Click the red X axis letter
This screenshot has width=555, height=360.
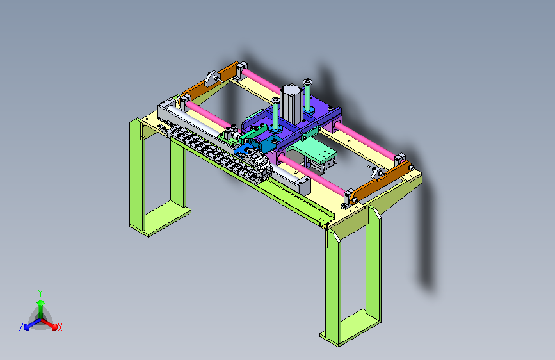[60, 327]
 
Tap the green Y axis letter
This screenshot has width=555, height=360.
[40, 293]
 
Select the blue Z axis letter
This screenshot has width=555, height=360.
[21, 327]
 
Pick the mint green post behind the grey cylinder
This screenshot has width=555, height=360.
[307, 94]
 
